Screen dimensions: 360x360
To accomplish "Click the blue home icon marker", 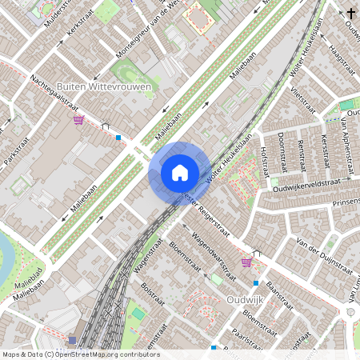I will (x=179, y=172).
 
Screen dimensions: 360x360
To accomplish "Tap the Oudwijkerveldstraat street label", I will (x=301, y=186).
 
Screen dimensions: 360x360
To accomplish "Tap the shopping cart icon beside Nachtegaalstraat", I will (x=78, y=120).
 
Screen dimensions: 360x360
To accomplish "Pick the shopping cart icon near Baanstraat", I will (x=246, y=261).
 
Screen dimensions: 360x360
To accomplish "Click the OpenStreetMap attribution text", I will (x=81, y=354).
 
